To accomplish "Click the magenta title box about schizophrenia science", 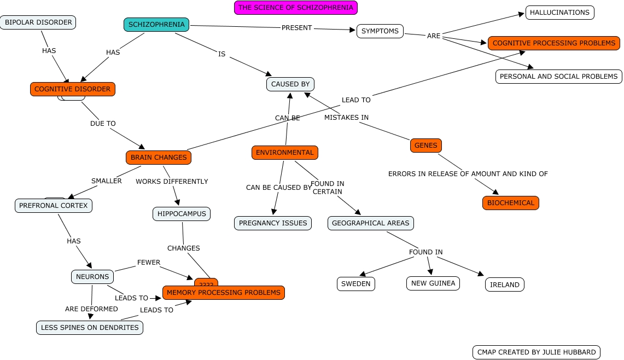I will pos(296,8).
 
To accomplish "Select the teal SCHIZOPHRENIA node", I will pos(156,25).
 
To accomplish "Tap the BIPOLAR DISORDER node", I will pos(38,22).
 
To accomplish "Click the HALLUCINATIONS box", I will pos(559,13).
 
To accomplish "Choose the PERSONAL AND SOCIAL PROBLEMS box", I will pos(558,77).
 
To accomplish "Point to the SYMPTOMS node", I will pos(380,31).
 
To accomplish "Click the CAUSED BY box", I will pos(290,84).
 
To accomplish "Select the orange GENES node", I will pos(425,146).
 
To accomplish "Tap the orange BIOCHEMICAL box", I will pos(510,203).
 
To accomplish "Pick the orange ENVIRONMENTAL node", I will pos(285,153).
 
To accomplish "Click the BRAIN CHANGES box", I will pos(159,158).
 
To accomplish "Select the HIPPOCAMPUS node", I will pos(182,214).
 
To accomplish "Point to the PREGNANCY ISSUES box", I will pos(273,223).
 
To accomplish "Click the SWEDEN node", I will pos(355,284).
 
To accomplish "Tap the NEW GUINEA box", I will pos(433,283).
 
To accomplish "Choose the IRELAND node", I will pos(504,285).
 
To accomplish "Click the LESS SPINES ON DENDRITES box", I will pos(90,328).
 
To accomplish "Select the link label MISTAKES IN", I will pos(346,117).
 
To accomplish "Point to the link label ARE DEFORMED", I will pos(91,309).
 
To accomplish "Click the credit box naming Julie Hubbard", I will pos(536,352).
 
